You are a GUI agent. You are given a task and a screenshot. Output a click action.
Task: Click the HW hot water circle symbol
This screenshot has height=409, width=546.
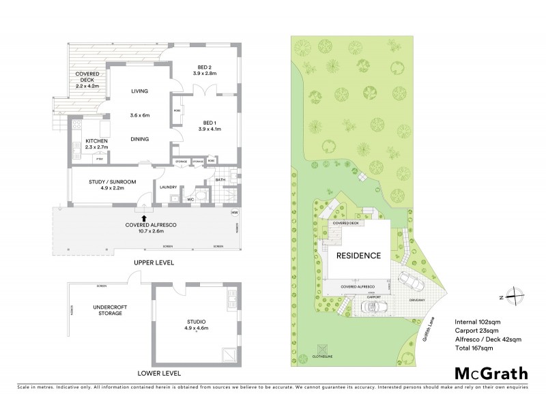click(x=235, y=212)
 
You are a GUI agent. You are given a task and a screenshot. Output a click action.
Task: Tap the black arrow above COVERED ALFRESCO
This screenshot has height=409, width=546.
click(x=143, y=217)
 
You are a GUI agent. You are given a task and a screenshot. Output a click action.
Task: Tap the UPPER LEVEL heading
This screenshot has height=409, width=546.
click(x=155, y=262)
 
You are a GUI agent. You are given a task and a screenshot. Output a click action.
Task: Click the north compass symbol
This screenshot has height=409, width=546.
click(x=517, y=297)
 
